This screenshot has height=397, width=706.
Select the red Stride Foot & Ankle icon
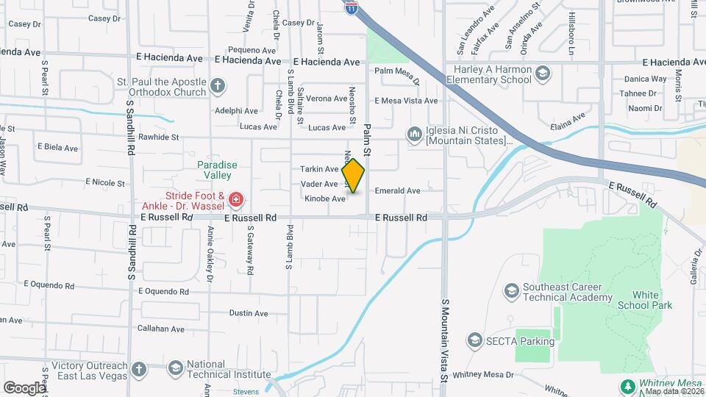click(x=235, y=199)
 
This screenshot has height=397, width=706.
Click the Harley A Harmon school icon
click(x=542, y=72)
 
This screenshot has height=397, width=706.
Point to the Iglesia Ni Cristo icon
click(x=414, y=134)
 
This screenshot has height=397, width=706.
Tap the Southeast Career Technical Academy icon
click(x=511, y=292)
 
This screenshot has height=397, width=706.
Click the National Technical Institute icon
click(x=175, y=368)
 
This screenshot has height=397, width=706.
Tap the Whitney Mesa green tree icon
click(x=627, y=386)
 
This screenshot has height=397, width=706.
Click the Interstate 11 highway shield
click(x=352, y=7)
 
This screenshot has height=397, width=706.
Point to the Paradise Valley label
click(x=217, y=170)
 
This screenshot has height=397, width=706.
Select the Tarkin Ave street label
click(x=319, y=169)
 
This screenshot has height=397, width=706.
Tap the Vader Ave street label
click(x=319, y=184)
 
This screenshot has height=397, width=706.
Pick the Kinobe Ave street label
click(x=324, y=198)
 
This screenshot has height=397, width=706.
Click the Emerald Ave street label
click(x=397, y=191)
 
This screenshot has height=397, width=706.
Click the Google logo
click(x=25, y=387)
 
